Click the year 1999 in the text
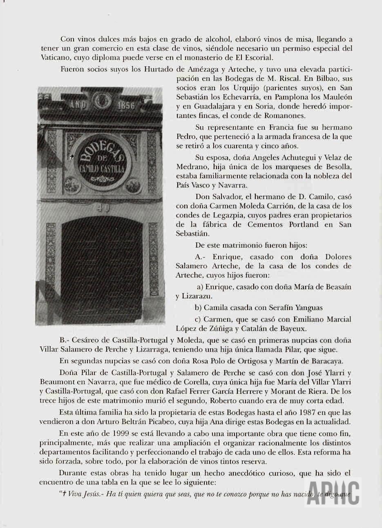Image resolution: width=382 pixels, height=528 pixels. point(107,433)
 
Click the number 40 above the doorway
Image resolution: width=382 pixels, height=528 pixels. point(103,208)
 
